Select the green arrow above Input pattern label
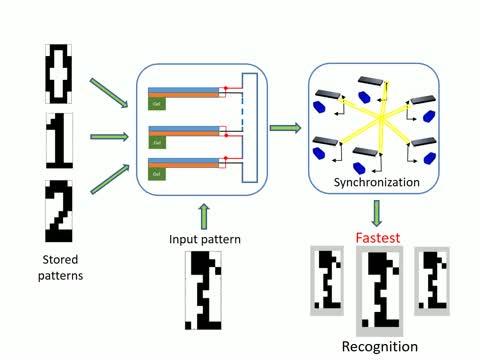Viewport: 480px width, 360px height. pos(204,214)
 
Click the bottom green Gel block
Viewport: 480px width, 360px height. pos(158,173)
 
